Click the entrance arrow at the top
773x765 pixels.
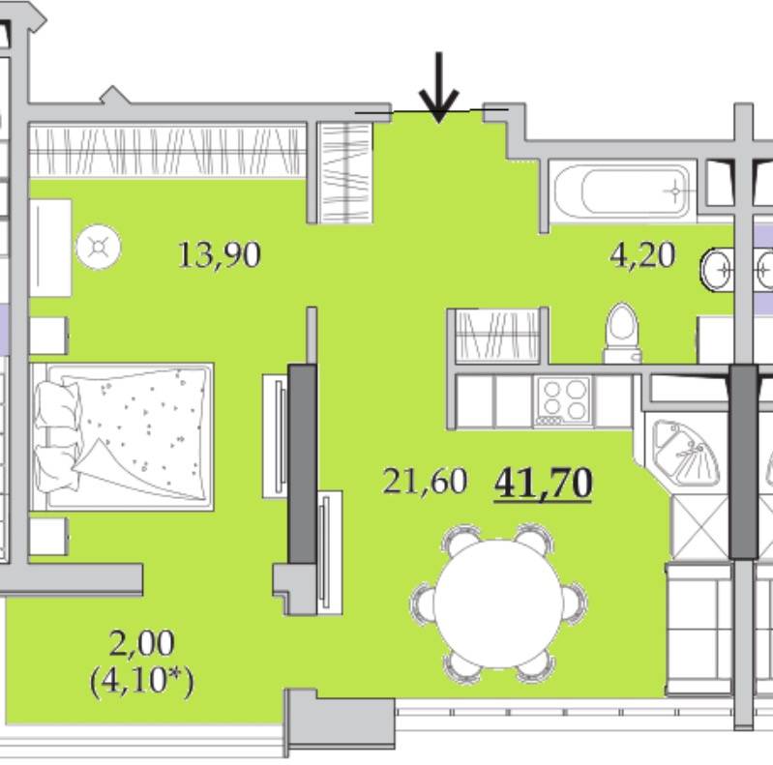click(439, 87)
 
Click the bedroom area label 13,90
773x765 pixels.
click(220, 254)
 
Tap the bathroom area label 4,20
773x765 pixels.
click(642, 255)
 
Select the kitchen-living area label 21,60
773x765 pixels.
click(425, 481)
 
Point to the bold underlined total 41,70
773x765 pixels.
click(543, 484)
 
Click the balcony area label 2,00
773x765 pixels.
click(141, 643)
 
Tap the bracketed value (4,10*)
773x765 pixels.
click(142, 681)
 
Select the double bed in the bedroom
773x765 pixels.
click(122, 437)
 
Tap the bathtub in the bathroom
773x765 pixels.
click(623, 191)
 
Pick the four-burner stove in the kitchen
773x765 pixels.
click(562, 400)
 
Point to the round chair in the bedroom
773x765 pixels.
click(99, 247)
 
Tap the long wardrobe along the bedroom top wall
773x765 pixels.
click(167, 151)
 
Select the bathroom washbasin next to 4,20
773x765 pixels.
click(717, 270)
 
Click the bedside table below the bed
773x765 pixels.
click(47, 537)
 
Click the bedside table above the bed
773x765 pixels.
click(47, 336)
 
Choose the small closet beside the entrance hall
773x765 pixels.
click(344, 172)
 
